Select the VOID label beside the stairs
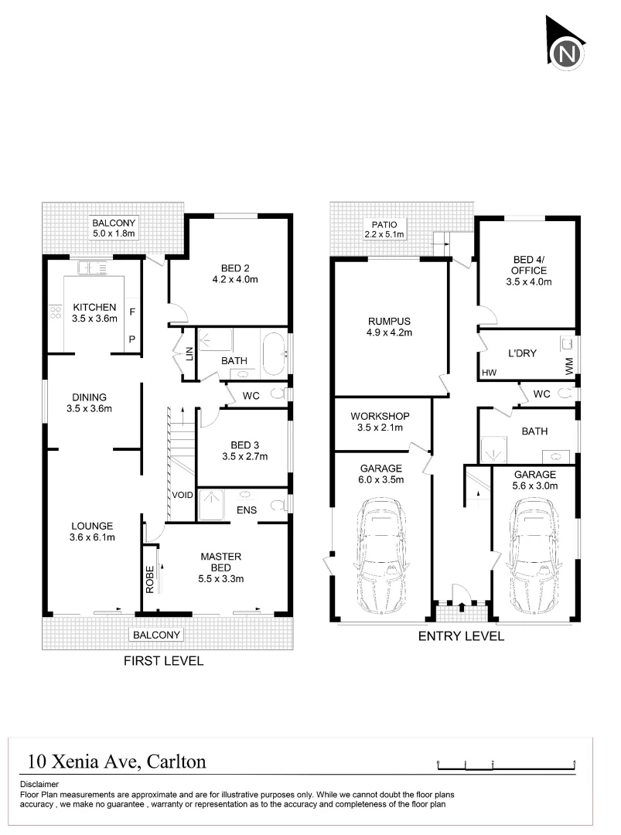[183, 496]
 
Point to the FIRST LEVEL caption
[164, 660]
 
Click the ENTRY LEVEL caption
[461, 636]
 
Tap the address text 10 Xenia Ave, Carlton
[116, 762]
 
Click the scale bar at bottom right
[506, 764]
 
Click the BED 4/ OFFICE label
[530, 271]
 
